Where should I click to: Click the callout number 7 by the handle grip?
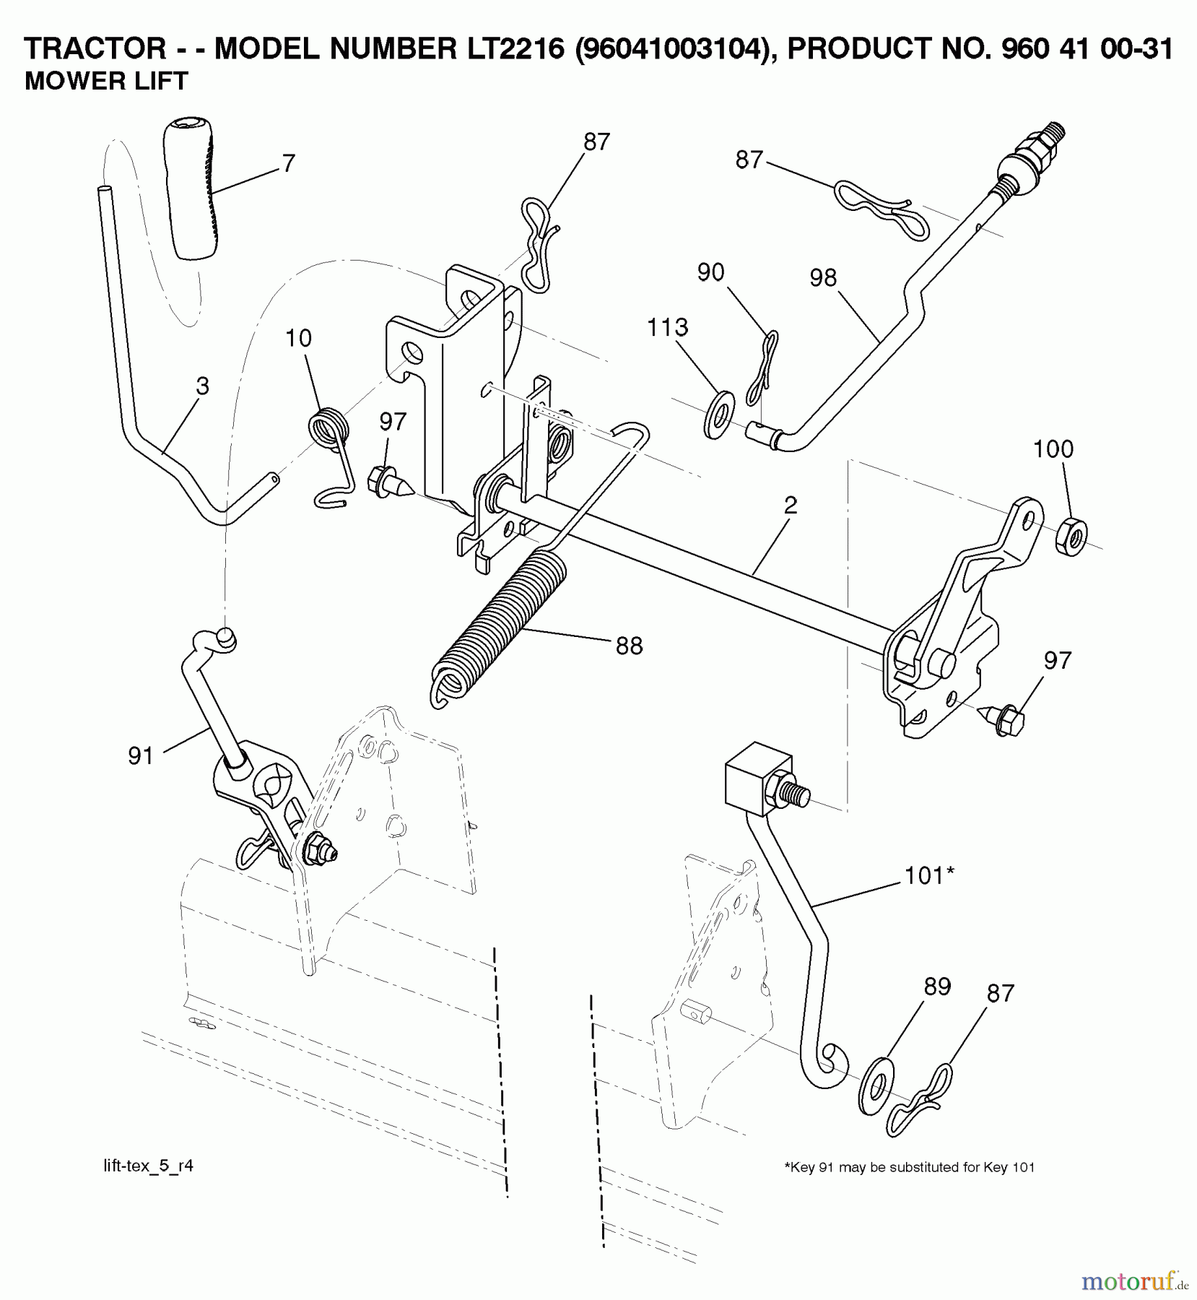click(x=288, y=164)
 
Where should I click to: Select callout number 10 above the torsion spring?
click(x=298, y=338)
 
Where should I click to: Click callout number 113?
click(x=667, y=328)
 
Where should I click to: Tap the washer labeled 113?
click(x=718, y=415)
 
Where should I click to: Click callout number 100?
click(x=1053, y=449)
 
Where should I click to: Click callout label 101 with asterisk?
click(x=930, y=876)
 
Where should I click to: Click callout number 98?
click(x=823, y=278)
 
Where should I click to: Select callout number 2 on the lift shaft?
click(x=791, y=505)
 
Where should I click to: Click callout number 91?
click(x=141, y=756)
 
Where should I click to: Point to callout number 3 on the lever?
click(x=202, y=386)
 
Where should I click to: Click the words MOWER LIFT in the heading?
click(x=107, y=81)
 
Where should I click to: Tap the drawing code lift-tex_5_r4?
click(x=149, y=1166)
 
